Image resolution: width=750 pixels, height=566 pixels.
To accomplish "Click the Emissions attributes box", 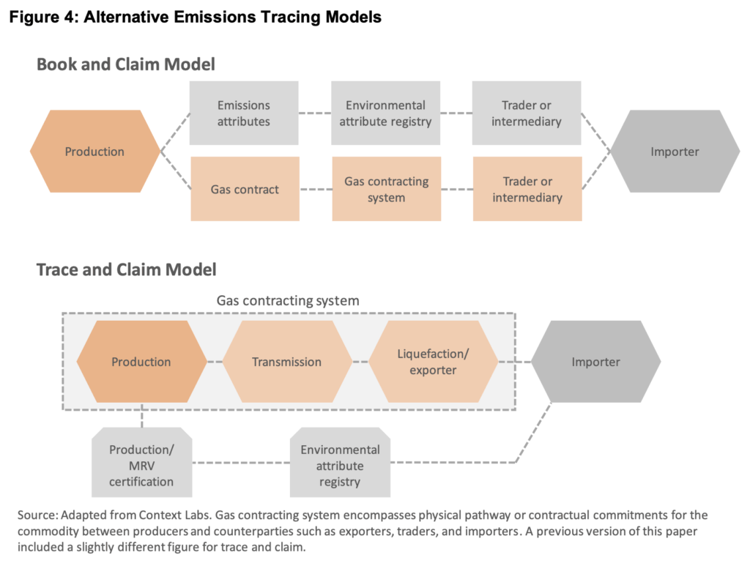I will [244, 113].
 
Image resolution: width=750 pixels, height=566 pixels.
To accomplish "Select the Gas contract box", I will [245, 189].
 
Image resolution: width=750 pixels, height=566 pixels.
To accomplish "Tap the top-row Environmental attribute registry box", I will [385, 113].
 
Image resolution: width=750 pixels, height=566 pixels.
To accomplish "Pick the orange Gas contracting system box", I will [386, 189].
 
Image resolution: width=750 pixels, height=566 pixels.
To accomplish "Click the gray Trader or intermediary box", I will [527, 113].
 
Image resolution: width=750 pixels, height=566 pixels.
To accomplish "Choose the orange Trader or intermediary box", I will [527, 189].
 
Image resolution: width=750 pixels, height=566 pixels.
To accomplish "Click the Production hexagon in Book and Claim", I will [94, 152].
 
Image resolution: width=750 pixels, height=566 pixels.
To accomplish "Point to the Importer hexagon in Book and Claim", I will [675, 152].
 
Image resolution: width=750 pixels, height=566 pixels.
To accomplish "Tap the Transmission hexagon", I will [286, 362].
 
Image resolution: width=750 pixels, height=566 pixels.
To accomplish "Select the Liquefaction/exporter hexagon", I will [433, 362].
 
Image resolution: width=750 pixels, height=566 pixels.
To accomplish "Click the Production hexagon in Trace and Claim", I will [141, 362].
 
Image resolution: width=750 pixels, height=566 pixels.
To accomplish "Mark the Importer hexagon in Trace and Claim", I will [595, 362].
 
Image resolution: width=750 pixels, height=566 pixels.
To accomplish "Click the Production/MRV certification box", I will [141, 466].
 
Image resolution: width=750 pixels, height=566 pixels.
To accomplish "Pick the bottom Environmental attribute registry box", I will [340, 466].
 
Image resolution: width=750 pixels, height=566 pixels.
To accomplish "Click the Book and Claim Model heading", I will [126, 64].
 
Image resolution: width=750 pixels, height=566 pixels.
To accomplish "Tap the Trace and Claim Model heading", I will [127, 270].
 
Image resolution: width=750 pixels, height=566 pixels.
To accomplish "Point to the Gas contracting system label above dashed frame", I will [288, 301].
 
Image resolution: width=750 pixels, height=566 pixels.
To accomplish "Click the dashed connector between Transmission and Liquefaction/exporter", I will [360, 362].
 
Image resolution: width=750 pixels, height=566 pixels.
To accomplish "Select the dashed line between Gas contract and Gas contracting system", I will [315, 190].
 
